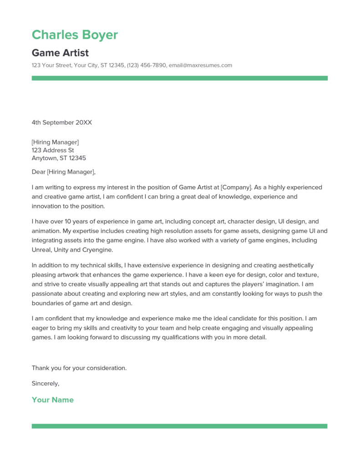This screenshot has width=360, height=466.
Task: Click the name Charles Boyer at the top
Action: pyautogui.click(x=75, y=35)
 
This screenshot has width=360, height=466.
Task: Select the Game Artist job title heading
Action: pyautogui.click(x=60, y=53)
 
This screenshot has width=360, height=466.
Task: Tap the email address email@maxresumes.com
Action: pyautogui.click(x=200, y=65)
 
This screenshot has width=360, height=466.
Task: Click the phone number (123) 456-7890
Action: pyautogui.click(x=147, y=65)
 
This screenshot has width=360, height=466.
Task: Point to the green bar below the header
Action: pyautogui.click(x=179, y=78)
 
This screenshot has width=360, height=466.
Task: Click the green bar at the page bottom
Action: pyautogui.click(x=179, y=426)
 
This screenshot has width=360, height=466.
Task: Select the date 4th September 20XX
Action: pyautogui.click(x=62, y=122)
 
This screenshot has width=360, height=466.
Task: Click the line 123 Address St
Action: pyautogui.click(x=53, y=150)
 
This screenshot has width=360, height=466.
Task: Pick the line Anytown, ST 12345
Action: pyautogui.click(x=59, y=158)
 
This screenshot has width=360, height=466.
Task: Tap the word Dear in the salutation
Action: pyautogui.click(x=39, y=172)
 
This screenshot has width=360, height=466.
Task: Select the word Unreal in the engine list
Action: pyautogui.click(x=42, y=250)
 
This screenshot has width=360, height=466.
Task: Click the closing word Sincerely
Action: pyautogui.click(x=46, y=383)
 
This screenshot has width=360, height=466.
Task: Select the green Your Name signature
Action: pyautogui.click(x=52, y=400)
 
